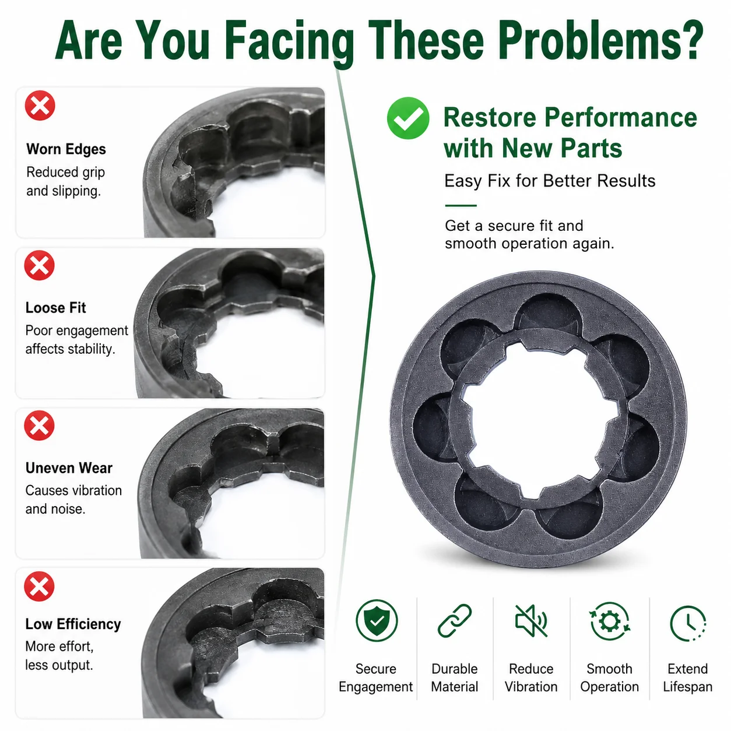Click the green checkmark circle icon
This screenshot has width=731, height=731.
(x=408, y=118)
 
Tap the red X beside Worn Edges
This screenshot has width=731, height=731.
(x=40, y=106)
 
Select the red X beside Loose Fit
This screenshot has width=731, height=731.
(x=40, y=265)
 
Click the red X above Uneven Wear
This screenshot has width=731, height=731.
(x=39, y=425)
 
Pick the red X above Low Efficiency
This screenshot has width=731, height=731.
(x=39, y=586)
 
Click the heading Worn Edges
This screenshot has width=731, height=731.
(x=66, y=149)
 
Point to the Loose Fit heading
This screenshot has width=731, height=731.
(x=56, y=308)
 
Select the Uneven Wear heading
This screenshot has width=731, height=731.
(x=69, y=468)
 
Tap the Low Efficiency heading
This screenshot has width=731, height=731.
(x=73, y=624)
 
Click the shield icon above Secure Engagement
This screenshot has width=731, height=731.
(x=377, y=621)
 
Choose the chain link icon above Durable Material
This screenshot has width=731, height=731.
(x=455, y=621)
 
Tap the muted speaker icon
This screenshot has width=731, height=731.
(x=531, y=621)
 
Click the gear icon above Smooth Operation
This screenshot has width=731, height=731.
(x=610, y=621)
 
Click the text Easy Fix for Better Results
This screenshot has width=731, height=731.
(x=550, y=181)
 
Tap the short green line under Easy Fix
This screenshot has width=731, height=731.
(x=461, y=206)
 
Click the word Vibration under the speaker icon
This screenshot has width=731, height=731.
(x=531, y=687)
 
